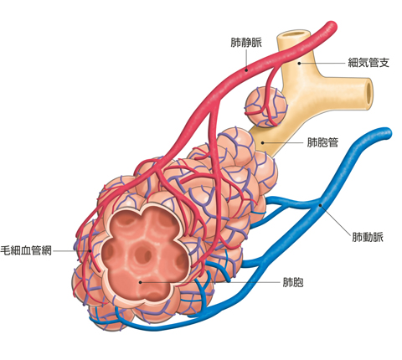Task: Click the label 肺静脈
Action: point(246,43)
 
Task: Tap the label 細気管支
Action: point(368,63)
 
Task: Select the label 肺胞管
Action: point(322,142)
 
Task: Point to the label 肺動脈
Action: point(368,237)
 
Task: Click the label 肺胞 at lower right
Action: point(293,282)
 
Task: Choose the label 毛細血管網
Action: point(26,250)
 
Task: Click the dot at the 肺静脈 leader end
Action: point(246,70)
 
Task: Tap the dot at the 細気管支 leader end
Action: point(299,64)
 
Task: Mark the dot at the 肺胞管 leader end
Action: point(262,143)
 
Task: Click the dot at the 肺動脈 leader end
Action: point(321,206)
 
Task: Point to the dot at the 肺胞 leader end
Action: point(141,282)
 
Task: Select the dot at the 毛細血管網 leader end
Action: point(90,251)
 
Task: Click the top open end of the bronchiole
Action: point(293,33)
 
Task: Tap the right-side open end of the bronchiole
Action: point(369,93)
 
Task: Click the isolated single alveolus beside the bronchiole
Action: point(266,106)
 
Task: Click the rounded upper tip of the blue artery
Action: point(386,133)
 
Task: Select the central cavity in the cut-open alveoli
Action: point(142,254)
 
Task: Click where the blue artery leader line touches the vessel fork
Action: point(321,206)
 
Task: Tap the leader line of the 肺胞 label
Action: point(210,282)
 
